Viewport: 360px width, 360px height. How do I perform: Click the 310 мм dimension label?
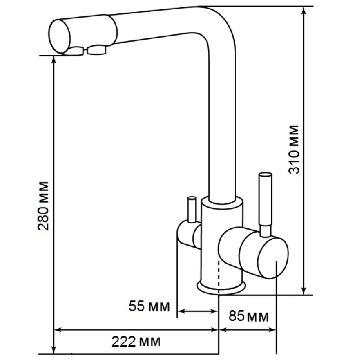(x=294, y=150)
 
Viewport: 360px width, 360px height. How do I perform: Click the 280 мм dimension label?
(x=43, y=206)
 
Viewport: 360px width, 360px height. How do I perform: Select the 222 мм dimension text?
(x=136, y=342)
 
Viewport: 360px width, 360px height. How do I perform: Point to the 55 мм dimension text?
(x=149, y=306)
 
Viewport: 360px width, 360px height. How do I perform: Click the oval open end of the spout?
(x=60, y=36)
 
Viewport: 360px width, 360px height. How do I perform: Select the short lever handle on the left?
(x=192, y=210)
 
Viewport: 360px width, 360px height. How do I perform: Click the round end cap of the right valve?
(x=273, y=258)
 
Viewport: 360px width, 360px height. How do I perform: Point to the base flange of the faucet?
(x=221, y=287)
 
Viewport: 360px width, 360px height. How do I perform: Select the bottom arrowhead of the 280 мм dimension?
(x=54, y=350)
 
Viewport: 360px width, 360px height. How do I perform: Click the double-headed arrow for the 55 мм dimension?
(x=198, y=311)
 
